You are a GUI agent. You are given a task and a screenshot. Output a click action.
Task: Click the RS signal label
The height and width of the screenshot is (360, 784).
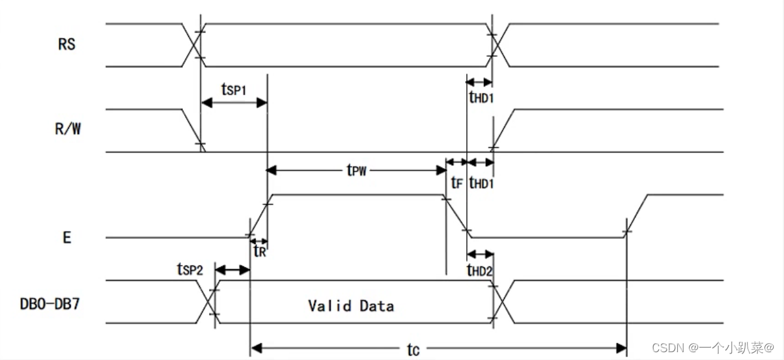tap(66, 44)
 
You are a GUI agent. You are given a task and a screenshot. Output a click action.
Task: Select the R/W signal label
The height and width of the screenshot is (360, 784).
tap(68, 129)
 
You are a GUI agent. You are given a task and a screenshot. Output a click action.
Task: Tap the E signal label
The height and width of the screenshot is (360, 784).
tap(67, 238)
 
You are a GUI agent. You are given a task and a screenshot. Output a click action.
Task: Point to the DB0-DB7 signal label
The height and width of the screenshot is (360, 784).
tap(49, 304)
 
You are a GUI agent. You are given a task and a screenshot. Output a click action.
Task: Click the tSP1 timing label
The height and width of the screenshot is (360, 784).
tap(234, 89)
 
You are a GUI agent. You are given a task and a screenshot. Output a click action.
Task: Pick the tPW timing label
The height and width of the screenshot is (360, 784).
tap(356, 170)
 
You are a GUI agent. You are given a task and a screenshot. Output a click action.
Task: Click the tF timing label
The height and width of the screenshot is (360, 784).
tap(456, 183)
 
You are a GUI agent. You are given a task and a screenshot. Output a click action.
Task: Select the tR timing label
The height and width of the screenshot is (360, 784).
tap(260, 251)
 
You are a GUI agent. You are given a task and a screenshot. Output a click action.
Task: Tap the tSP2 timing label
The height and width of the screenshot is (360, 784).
tap(190, 270)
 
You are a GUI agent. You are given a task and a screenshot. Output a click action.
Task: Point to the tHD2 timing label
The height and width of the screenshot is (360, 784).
tap(479, 270)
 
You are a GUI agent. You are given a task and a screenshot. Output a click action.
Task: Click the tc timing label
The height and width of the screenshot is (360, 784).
tap(413, 350)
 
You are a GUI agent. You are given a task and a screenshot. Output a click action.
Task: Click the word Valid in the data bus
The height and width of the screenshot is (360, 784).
tap(329, 306)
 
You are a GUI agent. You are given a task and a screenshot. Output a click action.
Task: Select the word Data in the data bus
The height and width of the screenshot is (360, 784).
tap(377, 306)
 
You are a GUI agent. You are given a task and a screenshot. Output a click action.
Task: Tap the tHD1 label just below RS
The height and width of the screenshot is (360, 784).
tap(481, 97)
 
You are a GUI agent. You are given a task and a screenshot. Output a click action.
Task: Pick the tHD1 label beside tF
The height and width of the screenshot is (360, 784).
tap(481, 183)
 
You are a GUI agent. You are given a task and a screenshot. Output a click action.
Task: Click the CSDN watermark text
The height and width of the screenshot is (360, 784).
tap(713, 348)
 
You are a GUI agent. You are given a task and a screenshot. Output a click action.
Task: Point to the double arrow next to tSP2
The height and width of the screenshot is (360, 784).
tap(232, 270)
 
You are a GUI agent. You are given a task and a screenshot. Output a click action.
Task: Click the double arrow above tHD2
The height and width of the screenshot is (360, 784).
tap(480, 254)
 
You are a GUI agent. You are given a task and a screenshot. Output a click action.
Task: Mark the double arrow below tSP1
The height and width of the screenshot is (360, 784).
tap(234, 103)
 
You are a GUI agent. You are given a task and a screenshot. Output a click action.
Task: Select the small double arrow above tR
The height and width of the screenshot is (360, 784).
tap(259, 241)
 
